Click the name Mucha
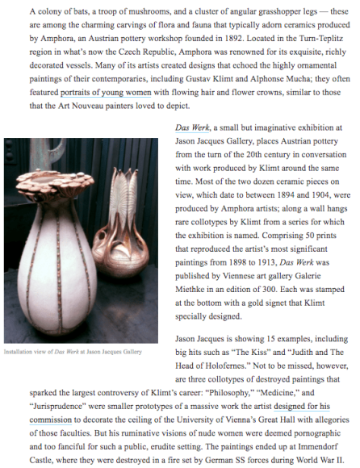click(x=308, y=81)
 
